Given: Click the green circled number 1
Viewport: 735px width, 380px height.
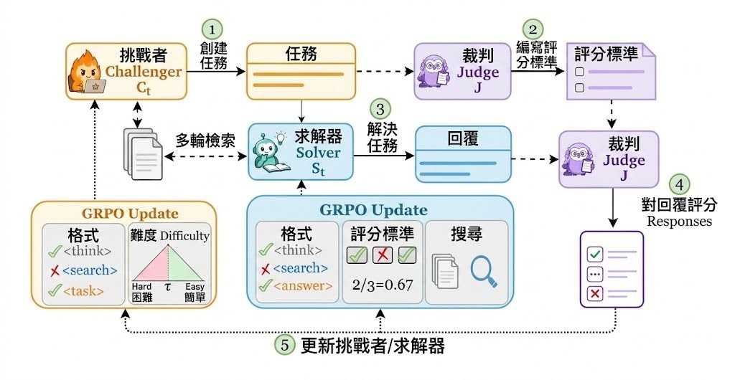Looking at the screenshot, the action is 212,29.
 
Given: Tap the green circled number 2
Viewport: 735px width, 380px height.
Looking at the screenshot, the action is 533,29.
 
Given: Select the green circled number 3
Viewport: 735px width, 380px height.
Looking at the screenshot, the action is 380,110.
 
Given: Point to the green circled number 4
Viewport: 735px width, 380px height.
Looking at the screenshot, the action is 680,185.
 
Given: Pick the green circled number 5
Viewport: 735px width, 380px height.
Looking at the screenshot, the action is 285,345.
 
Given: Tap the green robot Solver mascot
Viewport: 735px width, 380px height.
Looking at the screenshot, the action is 269,151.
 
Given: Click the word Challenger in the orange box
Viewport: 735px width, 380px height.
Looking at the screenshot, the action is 144,72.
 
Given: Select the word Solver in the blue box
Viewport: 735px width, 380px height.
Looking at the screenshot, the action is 318,153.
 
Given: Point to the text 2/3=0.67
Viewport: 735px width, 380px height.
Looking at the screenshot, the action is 383,285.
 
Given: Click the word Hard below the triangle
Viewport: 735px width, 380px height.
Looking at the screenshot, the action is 141,286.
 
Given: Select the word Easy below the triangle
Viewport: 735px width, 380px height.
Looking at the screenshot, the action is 195,286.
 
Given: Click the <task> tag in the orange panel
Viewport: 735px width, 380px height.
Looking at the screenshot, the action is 83,291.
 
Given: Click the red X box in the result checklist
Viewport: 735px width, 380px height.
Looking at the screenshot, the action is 595,293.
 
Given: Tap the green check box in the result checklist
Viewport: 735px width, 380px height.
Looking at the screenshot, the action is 595,255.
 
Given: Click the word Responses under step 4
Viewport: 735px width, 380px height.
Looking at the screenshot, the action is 679,221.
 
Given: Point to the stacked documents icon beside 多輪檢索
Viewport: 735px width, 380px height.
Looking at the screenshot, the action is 143,153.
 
